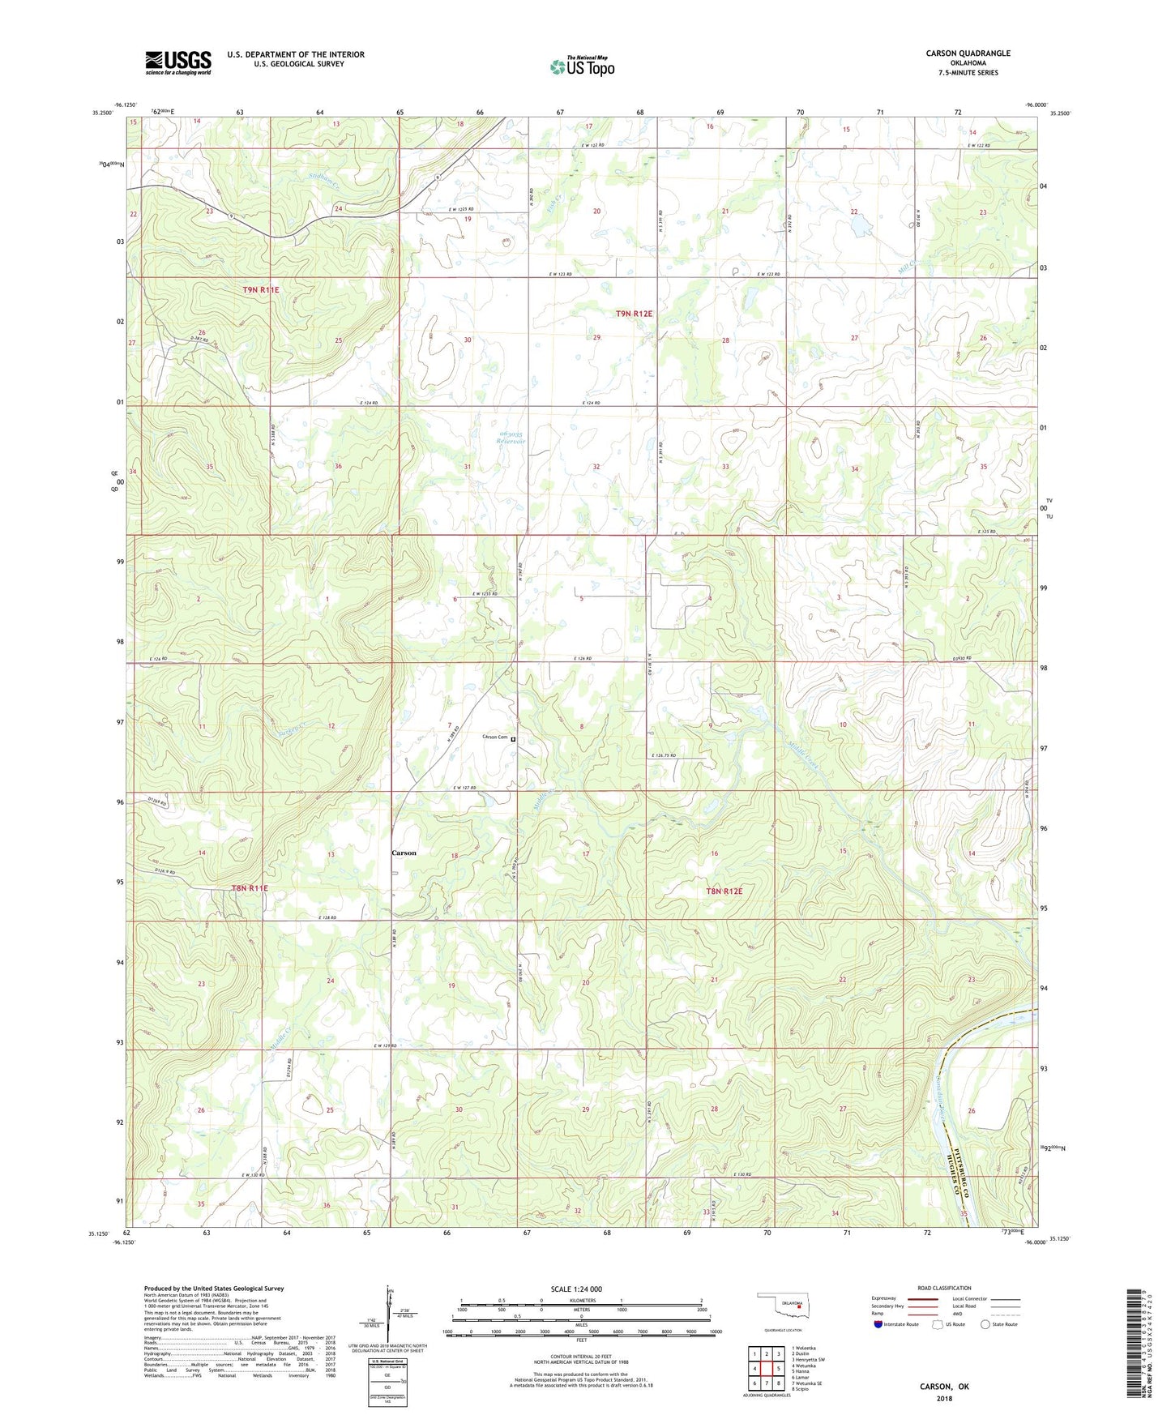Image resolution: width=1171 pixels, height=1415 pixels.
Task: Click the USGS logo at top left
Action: [x=178, y=62]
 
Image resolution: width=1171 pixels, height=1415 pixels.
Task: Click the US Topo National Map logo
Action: [x=581, y=66]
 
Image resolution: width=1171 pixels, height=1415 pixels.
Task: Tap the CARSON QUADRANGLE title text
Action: [x=968, y=53]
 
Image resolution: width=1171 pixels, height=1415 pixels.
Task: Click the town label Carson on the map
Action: [x=404, y=853]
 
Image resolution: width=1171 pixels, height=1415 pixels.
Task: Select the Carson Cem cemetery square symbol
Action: [x=513, y=739]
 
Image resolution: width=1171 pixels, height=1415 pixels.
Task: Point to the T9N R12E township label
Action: [x=634, y=313]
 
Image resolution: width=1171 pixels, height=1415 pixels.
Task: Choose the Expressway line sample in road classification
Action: [x=923, y=1299]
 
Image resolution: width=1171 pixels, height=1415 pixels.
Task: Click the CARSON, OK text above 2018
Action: [x=943, y=1386]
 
